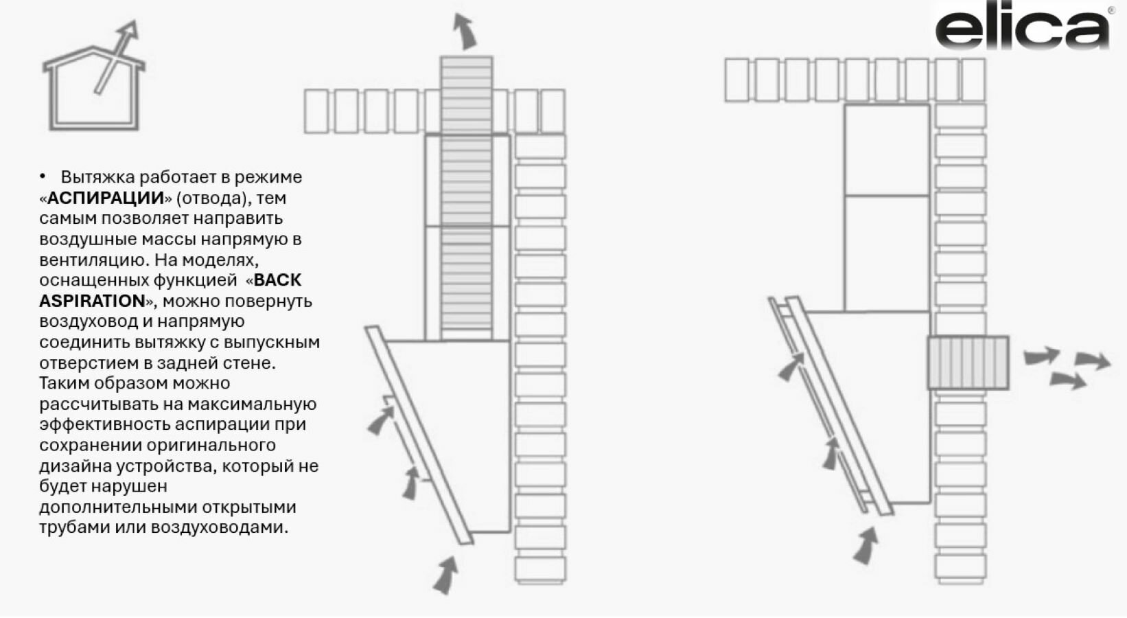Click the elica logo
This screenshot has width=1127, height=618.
[1022, 29]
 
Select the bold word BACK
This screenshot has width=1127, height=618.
[277, 280]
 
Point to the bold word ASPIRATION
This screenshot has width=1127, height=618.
[92, 301]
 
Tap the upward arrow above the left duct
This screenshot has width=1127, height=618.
[465, 32]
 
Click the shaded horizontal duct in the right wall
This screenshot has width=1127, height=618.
[968, 363]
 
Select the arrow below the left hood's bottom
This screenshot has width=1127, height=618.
[446, 574]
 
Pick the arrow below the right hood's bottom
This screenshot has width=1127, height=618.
[866, 546]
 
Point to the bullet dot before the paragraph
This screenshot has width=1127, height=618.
[43, 176]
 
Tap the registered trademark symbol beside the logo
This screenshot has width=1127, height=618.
[1111, 10]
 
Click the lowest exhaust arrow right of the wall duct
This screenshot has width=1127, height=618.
[1068, 379]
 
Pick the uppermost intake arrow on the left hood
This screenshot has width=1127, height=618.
[382, 419]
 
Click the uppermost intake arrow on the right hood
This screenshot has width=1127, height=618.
[791, 367]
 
